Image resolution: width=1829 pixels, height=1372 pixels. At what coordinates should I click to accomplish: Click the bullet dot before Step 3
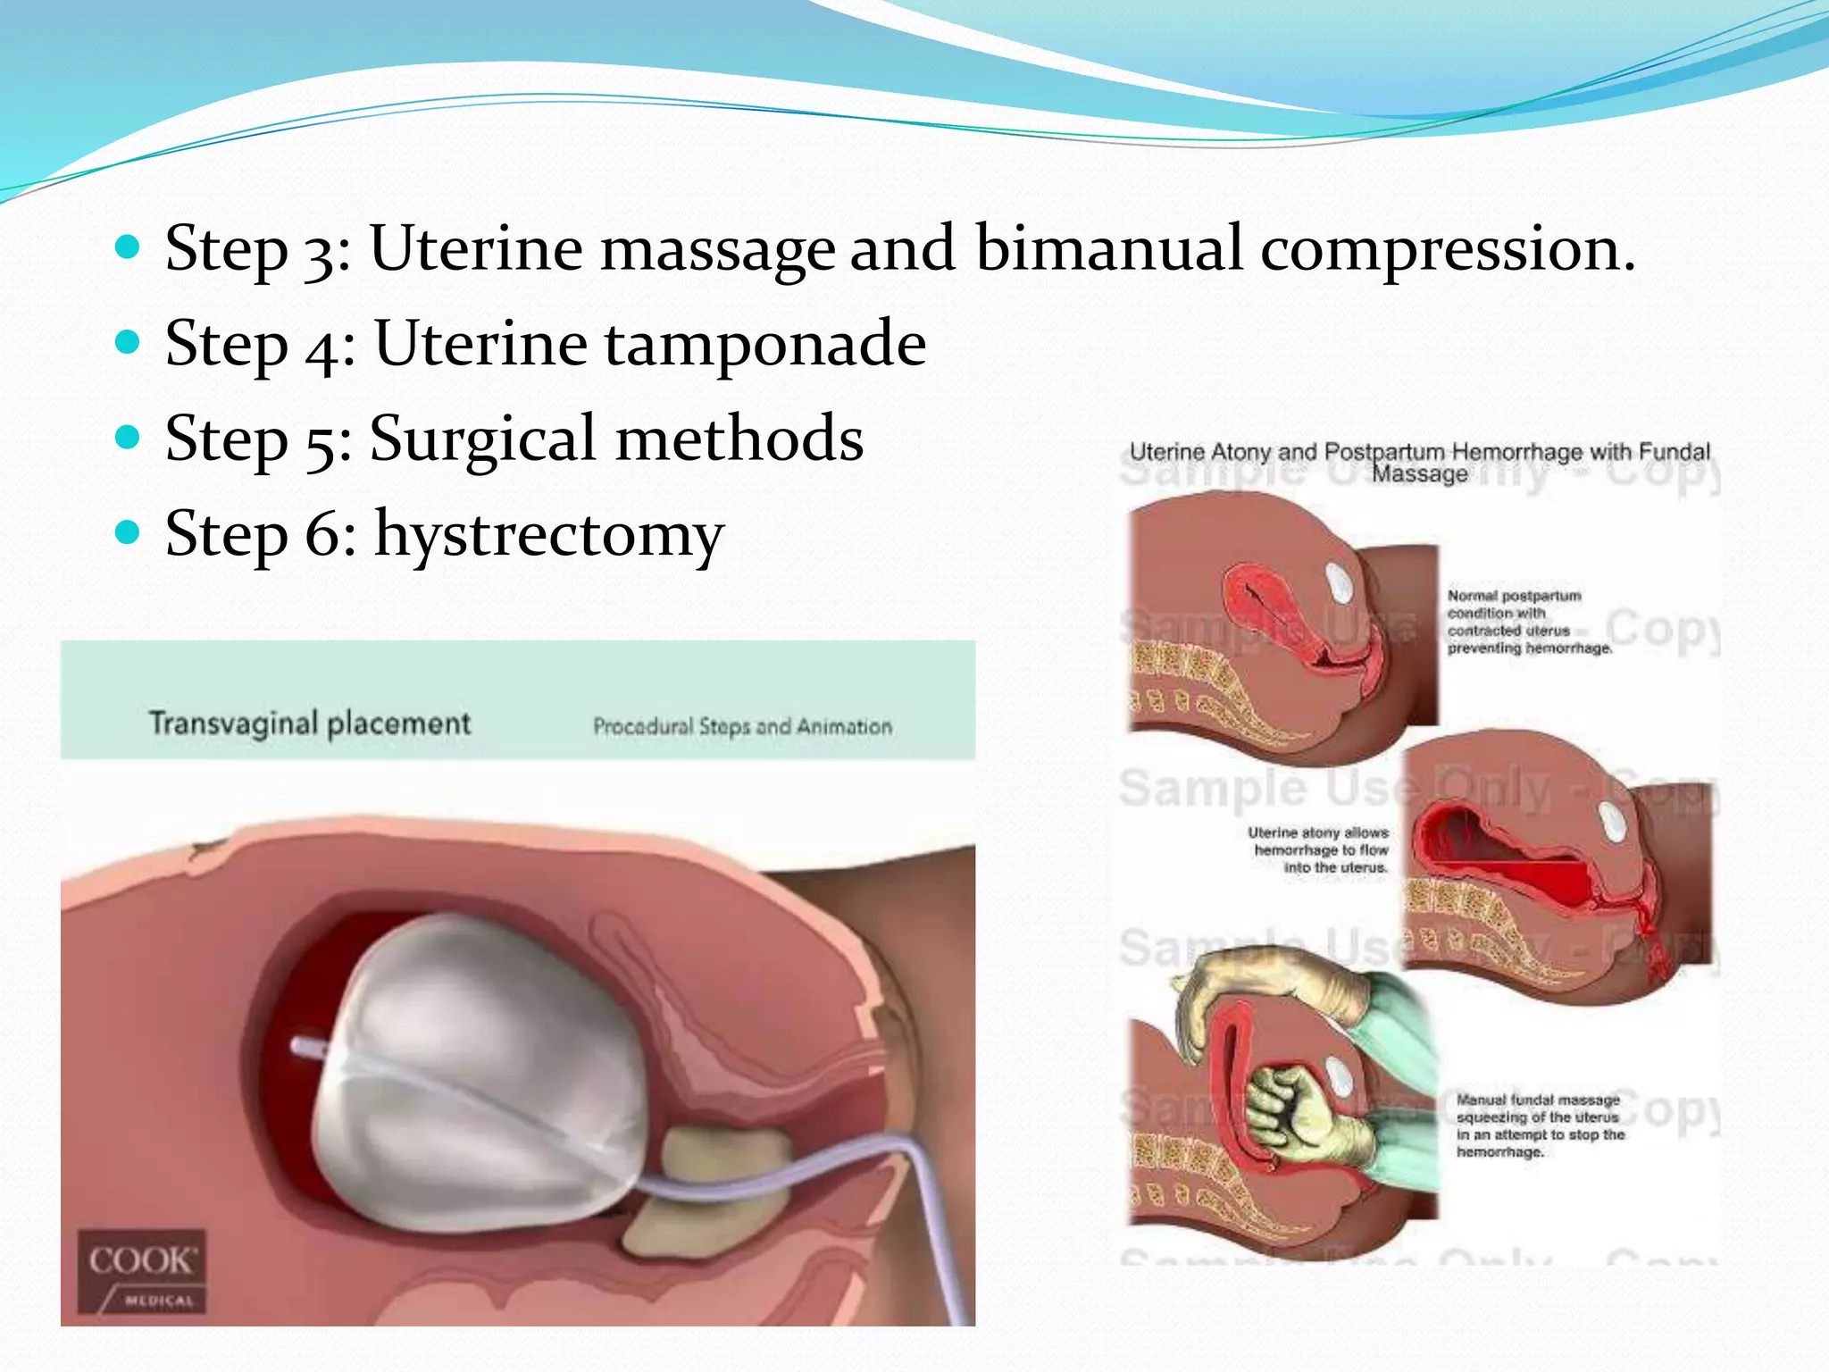[129, 247]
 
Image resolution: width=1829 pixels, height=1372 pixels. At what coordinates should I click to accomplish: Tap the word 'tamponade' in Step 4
[765, 344]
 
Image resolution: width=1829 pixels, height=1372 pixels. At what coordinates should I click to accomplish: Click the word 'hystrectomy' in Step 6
[548, 535]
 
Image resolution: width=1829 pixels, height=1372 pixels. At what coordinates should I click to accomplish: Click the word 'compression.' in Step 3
[1448, 250]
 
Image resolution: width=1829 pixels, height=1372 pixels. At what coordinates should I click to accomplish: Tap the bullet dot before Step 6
[129, 533]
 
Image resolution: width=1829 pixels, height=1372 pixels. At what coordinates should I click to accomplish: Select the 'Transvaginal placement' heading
[309, 723]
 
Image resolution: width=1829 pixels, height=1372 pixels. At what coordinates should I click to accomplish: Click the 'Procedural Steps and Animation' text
[742, 726]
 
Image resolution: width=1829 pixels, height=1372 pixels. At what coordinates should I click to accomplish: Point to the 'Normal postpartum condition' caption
[1528, 622]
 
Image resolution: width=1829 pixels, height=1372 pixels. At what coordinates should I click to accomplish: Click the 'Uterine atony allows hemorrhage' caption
[1319, 849]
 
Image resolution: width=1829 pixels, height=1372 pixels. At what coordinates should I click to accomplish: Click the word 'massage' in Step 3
[717, 250]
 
